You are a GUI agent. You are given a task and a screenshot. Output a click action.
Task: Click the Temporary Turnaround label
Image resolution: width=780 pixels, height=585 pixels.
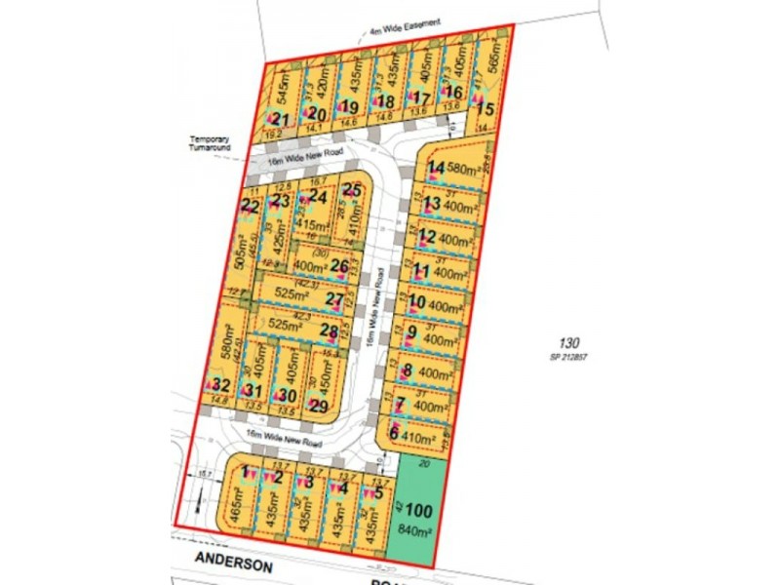[x=211, y=144]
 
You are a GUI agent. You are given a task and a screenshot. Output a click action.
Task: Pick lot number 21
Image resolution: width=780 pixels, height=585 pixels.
[x=281, y=119]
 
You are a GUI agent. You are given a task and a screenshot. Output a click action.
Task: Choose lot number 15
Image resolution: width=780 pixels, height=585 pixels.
[x=486, y=109]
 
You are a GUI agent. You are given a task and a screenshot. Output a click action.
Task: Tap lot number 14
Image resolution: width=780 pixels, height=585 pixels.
[x=436, y=168]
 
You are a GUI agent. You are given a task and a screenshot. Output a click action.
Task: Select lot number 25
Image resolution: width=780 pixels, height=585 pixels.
[x=352, y=191]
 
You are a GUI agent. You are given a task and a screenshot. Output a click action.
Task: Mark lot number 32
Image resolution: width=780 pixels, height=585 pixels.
[x=220, y=385]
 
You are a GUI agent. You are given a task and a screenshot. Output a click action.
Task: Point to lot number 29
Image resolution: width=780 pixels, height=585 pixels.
[x=319, y=406]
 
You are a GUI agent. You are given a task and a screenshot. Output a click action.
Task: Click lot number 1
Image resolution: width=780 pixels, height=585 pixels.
[x=246, y=472]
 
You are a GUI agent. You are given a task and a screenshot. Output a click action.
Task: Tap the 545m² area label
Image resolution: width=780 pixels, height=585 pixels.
[x=282, y=92]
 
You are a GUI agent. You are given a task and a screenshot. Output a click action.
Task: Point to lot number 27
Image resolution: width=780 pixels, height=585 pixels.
[x=335, y=298]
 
